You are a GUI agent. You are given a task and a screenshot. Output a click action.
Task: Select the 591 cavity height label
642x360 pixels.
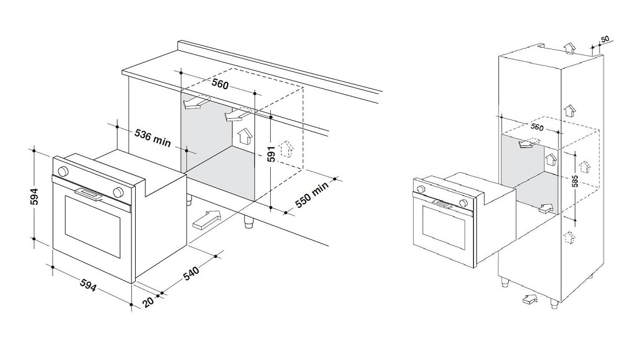[x=271, y=155]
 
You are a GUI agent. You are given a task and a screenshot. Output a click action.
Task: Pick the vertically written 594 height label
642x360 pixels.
[x=36, y=198]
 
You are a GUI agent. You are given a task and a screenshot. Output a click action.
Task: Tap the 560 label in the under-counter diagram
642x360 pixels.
[x=220, y=84]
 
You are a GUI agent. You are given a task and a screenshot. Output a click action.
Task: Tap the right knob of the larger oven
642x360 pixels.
[x=119, y=193]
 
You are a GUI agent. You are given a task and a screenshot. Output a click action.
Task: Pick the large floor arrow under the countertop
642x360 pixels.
[x=207, y=219]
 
